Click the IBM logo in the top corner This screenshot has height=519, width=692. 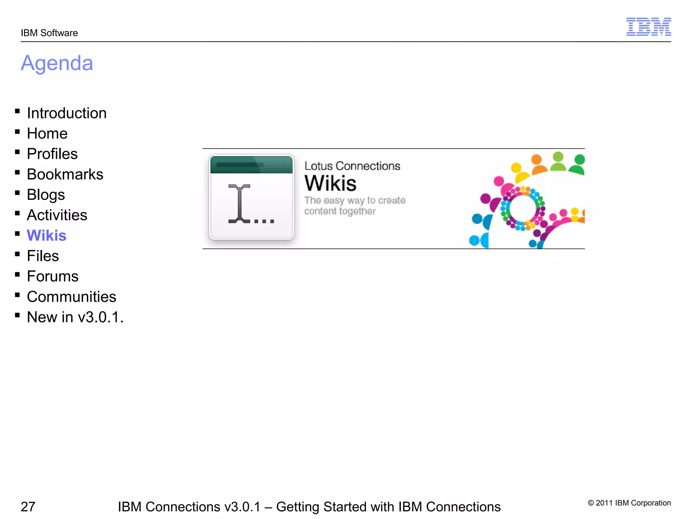[x=648, y=27]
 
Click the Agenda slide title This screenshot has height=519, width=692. [x=57, y=63]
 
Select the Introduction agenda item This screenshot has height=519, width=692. [x=67, y=113]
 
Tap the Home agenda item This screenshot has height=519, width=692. [x=47, y=133]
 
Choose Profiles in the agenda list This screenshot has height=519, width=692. [x=52, y=154]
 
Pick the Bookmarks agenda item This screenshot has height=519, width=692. [x=65, y=174]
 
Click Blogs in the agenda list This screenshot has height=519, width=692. [x=46, y=195]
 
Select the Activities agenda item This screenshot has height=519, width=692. [x=57, y=215]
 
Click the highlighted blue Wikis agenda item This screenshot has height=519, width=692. [x=47, y=236]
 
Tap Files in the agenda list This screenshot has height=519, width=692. [x=43, y=256]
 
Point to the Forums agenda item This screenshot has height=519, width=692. [x=53, y=276]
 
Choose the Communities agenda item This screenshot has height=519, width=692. [x=72, y=297]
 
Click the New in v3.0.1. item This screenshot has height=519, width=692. [x=75, y=317]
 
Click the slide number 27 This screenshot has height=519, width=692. [x=28, y=507]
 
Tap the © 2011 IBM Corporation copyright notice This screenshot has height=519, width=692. [x=629, y=503]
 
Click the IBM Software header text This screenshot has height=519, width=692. [x=49, y=33]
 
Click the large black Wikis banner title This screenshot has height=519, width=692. [x=330, y=183]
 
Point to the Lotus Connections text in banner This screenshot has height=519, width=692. [x=352, y=166]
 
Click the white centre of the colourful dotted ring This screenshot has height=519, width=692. [x=523, y=208]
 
